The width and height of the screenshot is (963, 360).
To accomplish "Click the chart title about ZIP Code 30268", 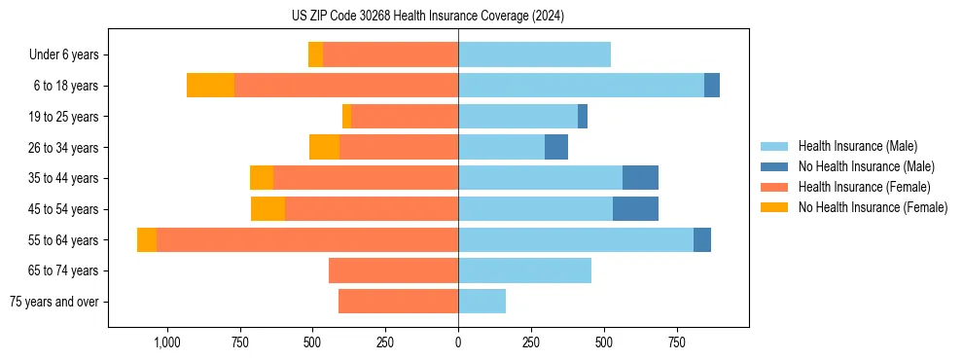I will pyautogui.click(x=427, y=17).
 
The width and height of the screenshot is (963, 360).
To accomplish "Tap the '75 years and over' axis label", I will pyautogui.click(x=54, y=302).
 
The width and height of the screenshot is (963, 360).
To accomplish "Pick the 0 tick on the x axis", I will pyautogui.click(x=458, y=342).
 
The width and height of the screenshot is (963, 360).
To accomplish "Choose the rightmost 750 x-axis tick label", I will pyautogui.click(x=676, y=342).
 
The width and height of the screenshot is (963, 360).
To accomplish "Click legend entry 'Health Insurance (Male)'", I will pyautogui.click(x=857, y=146).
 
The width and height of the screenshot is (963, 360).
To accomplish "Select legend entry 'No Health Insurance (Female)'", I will pyautogui.click(x=873, y=207).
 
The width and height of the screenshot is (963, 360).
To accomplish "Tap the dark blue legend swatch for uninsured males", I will pyautogui.click(x=775, y=166).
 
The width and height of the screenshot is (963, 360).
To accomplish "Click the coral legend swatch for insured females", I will pyautogui.click(x=775, y=187).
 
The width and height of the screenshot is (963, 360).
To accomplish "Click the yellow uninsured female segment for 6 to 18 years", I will pyautogui.click(x=210, y=86).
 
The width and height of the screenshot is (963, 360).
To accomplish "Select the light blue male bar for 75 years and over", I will pyautogui.click(x=481, y=302).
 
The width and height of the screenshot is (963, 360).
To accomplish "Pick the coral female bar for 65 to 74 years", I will pyautogui.click(x=393, y=270).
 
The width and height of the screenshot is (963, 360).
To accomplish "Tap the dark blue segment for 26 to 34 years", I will pyautogui.click(x=556, y=147).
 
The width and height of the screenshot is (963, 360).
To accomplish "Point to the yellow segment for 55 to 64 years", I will pyautogui.click(x=147, y=240).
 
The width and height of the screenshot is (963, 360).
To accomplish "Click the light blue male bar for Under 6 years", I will pyautogui.click(x=534, y=54).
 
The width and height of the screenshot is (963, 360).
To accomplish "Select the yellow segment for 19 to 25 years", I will pyautogui.click(x=346, y=117).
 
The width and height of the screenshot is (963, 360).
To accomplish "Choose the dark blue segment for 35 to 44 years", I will pyautogui.click(x=640, y=178).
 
